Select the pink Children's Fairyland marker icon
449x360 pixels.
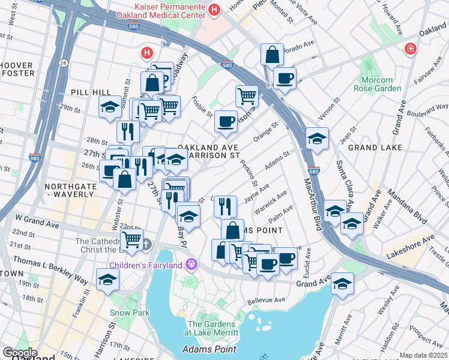tap(191, 263)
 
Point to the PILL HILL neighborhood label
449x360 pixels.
tap(90, 92)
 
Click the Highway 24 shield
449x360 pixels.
tap(62, 61)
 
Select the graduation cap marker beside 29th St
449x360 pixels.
tap(110, 107)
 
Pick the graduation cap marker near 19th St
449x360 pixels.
tap(107, 280)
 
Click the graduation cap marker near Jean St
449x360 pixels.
tap(317, 139)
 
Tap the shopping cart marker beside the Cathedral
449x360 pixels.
tap(131, 240)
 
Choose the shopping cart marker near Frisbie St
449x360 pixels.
tap(247, 95)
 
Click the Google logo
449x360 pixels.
tap(20, 352)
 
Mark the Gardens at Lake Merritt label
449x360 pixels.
tap(214, 328)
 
